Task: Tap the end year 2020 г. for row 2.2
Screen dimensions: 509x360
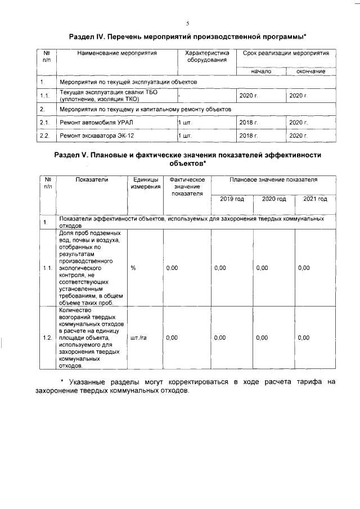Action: coord(298,136)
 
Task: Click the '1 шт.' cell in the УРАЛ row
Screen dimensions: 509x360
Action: coord(185,122)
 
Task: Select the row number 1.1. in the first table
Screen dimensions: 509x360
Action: coord(45,96)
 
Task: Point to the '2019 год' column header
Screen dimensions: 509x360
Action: coord(232,199)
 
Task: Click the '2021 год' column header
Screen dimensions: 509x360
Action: coord(315,199)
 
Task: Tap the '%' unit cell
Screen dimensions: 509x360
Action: coord(133,268)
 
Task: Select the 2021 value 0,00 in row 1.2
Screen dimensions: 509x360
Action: coord(304,337)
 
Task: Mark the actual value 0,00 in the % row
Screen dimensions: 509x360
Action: coord(172,268)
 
